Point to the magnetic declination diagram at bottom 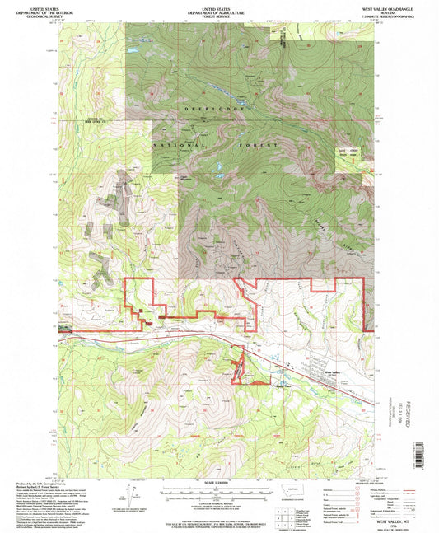tap(128, 494)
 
